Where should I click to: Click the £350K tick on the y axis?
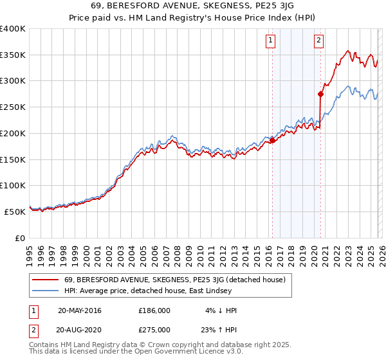[x=13, y=55]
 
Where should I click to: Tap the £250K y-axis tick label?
[x=13, y=107]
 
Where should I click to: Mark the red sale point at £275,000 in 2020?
[x=320, y=94]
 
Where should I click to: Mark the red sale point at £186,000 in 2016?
[x=272, y=140]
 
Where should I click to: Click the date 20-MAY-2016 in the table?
[x=80, y=310]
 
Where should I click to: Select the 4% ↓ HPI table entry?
[x=219, y=310]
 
